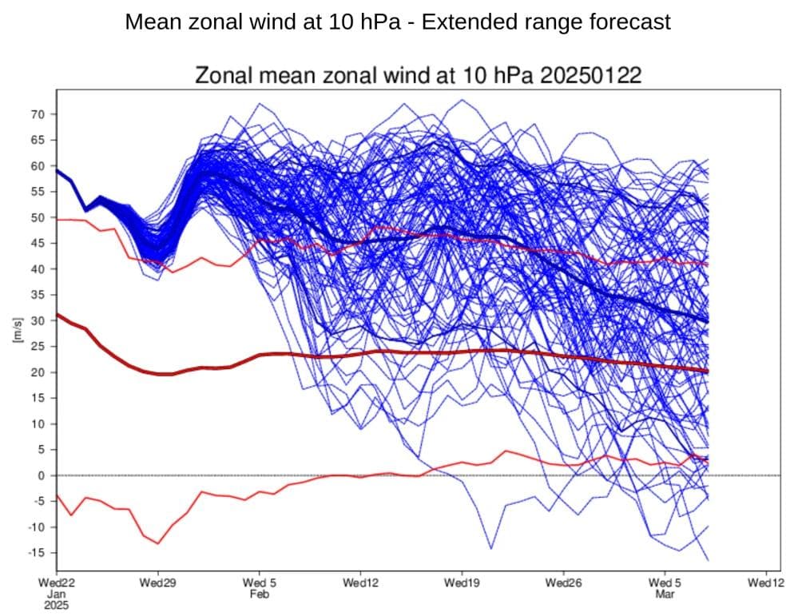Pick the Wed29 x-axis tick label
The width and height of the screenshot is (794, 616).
[157, 583]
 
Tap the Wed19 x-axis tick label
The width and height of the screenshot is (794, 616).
[462, 583]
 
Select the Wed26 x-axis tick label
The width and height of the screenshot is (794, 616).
[563, 583]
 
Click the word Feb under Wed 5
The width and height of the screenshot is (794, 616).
[259, 594]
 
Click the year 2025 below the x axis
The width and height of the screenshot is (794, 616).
[56, 605]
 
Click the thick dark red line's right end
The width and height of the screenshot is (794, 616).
[708, 372]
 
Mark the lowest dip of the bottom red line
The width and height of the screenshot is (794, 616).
[158, 543]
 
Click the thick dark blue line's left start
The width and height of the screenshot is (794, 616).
[57, 170]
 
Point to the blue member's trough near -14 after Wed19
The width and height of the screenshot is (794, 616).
[490, 549]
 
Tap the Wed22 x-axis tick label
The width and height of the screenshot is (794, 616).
[56, 583]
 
